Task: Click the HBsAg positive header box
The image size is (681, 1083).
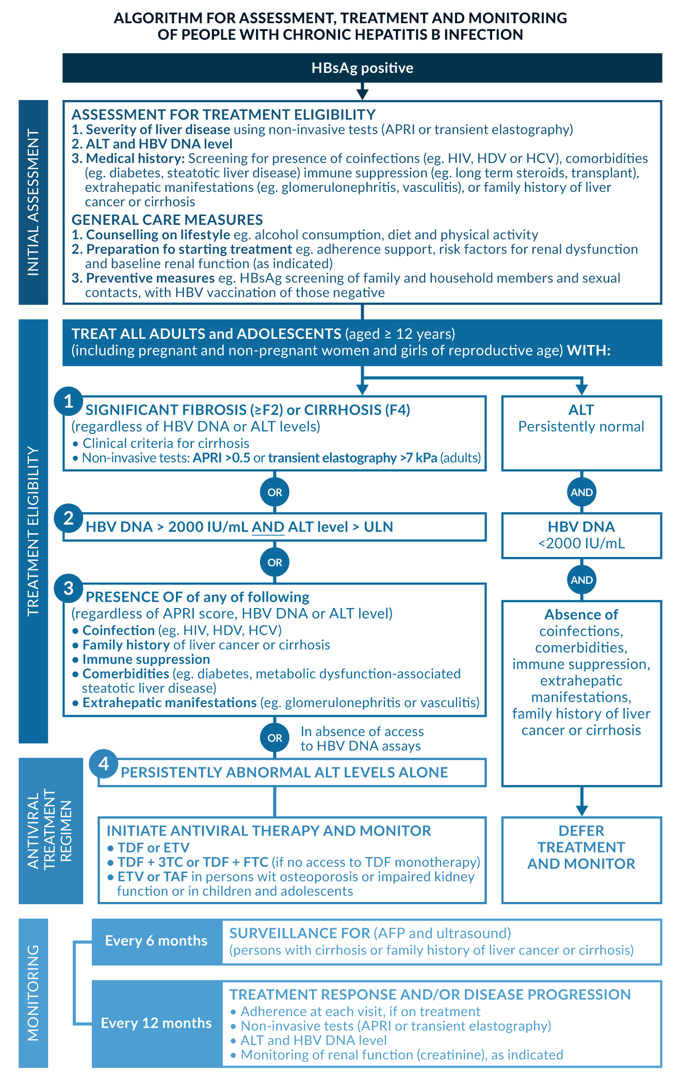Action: [x=362, y=68]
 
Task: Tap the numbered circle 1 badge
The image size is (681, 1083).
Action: [x=69, y=401]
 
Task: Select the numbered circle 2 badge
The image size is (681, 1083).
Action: [x=69, y=518]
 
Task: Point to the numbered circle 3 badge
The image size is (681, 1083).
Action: [x=69, y=588]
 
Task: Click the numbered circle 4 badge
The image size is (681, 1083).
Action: [x=104, y=763]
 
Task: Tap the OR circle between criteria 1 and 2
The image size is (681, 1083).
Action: [x=274, y=492]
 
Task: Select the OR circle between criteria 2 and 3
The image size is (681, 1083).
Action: [x=274, y=562]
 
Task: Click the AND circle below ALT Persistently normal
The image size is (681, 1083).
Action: [x=581, y=492]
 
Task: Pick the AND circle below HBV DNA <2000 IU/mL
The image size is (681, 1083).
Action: [x=581, y=580]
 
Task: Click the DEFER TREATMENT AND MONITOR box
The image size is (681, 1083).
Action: [x=581, y=859]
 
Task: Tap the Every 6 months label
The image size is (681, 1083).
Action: [x=156, y=941]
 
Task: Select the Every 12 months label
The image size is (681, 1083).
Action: [x=156, y=1023]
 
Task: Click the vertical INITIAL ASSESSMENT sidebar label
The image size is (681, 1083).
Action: [x=34, y=202]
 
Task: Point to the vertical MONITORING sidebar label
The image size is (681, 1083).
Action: [x=34, y=993]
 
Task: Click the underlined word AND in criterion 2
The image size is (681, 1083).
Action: [x=268, y=527]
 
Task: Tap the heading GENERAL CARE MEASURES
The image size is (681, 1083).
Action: [x=167, y=220]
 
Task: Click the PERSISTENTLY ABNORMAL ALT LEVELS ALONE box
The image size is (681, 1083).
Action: [x=292, y=773]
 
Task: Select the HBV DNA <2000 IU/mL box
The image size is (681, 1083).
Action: [x=581, y=535]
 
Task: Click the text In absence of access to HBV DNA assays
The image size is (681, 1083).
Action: [x=362, y=739]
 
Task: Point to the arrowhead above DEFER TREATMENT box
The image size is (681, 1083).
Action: [x=581, y=810]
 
